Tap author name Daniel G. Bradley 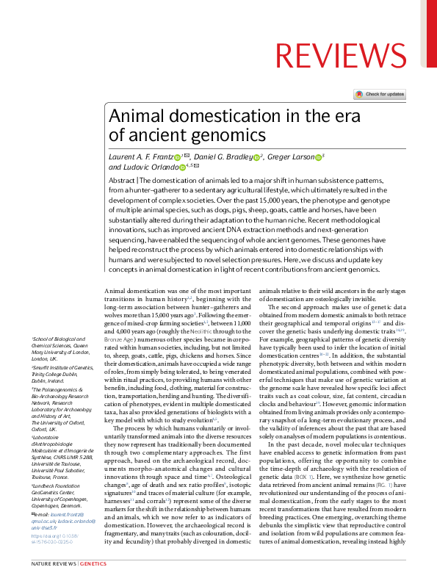coord(222,156)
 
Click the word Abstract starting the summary coord(121,180)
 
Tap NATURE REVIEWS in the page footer coord(53,563)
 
